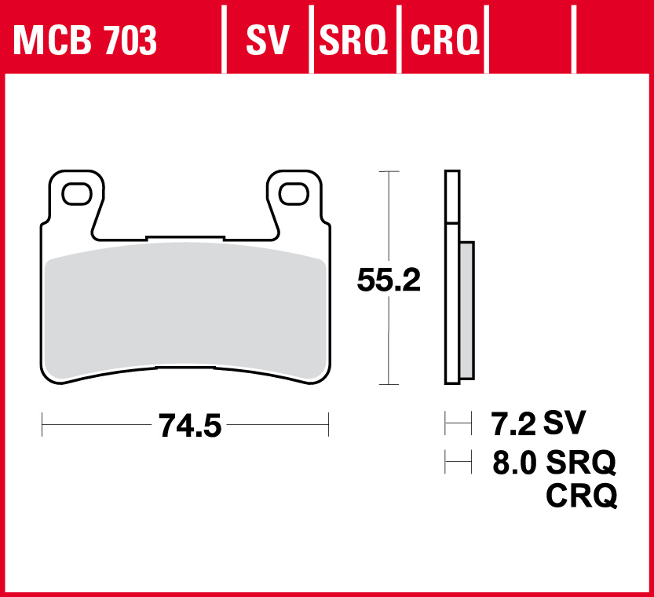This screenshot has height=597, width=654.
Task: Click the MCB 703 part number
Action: pyautogui.click(x=85, y=40)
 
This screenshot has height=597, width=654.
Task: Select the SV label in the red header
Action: pyautogui.click(x=268, y=40)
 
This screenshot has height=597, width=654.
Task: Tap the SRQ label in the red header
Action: pyautogui.click(x=353, y=40)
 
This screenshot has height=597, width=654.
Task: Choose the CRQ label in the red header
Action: pyautogui.click(x=444, y=40)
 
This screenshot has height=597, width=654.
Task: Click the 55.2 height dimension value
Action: pyautogui.click(x=389, y=280)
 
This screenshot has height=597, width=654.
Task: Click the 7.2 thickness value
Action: pyautogui.click(x=513, y=424)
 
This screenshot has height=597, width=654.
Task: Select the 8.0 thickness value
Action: pyautogui.click(x=514, y=463)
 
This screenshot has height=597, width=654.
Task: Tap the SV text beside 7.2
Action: pyautogui.click(x=564, y=423)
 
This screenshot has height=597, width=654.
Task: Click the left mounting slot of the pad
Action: pyautogui.click(x=76, y=193)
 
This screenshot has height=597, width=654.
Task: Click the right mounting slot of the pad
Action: pyautogui.click(x=294, y=193)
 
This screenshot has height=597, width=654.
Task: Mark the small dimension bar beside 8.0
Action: pyautogui.click(x=457, y=463)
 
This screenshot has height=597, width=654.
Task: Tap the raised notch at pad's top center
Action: pyautogui.click(x=185, y=236)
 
